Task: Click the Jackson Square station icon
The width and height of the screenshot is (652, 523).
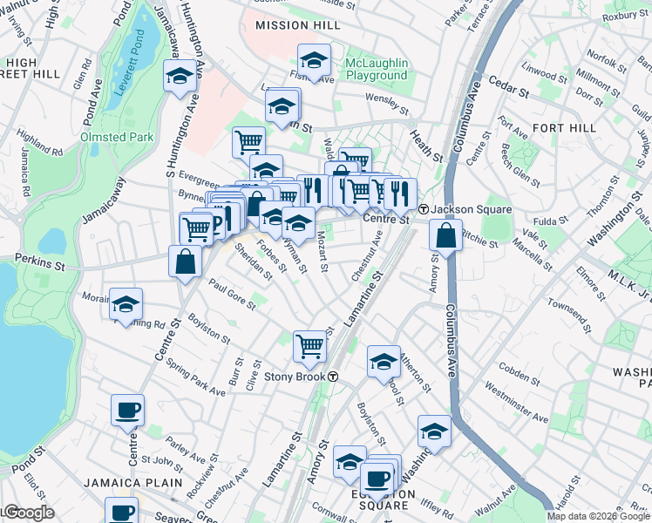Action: (423, 210)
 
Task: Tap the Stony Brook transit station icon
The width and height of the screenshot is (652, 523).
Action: (333, 377)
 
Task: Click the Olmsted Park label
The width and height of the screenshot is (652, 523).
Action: (117, 137)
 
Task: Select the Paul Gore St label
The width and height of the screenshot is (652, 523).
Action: (231, 294)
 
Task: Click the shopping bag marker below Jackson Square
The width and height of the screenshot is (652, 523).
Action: (445, 236)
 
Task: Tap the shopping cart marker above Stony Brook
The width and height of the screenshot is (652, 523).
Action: (309, 346)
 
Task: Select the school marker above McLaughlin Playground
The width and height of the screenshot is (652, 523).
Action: (314, 61)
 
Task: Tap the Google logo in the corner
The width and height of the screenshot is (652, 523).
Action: (28, 513)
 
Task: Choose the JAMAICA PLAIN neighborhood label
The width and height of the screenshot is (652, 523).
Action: (133, 482)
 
